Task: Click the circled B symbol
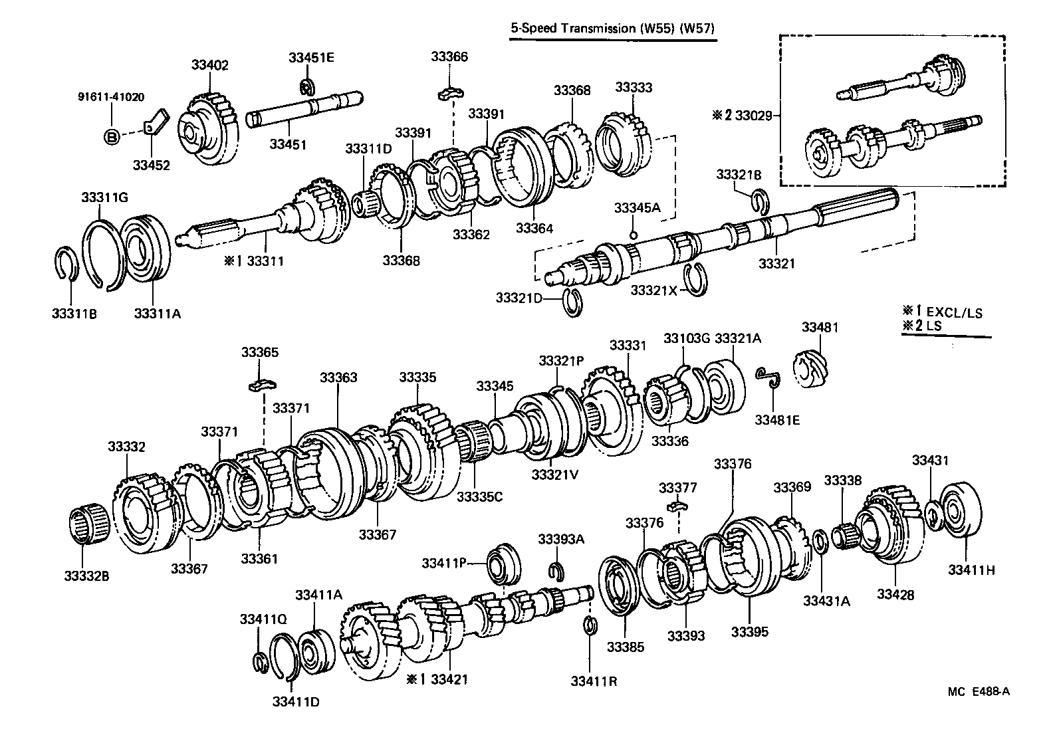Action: (112, 138)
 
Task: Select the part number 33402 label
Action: (209, 65)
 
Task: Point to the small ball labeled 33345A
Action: (633, 235)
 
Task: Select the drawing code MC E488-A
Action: (979, 691)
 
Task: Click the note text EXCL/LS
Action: (955, 312)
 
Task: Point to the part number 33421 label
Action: (449, 679)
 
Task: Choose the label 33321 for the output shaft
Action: (776, 264)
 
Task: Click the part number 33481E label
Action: (777, 419)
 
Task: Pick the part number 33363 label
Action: (338, 377)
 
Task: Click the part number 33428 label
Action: (895, 595)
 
